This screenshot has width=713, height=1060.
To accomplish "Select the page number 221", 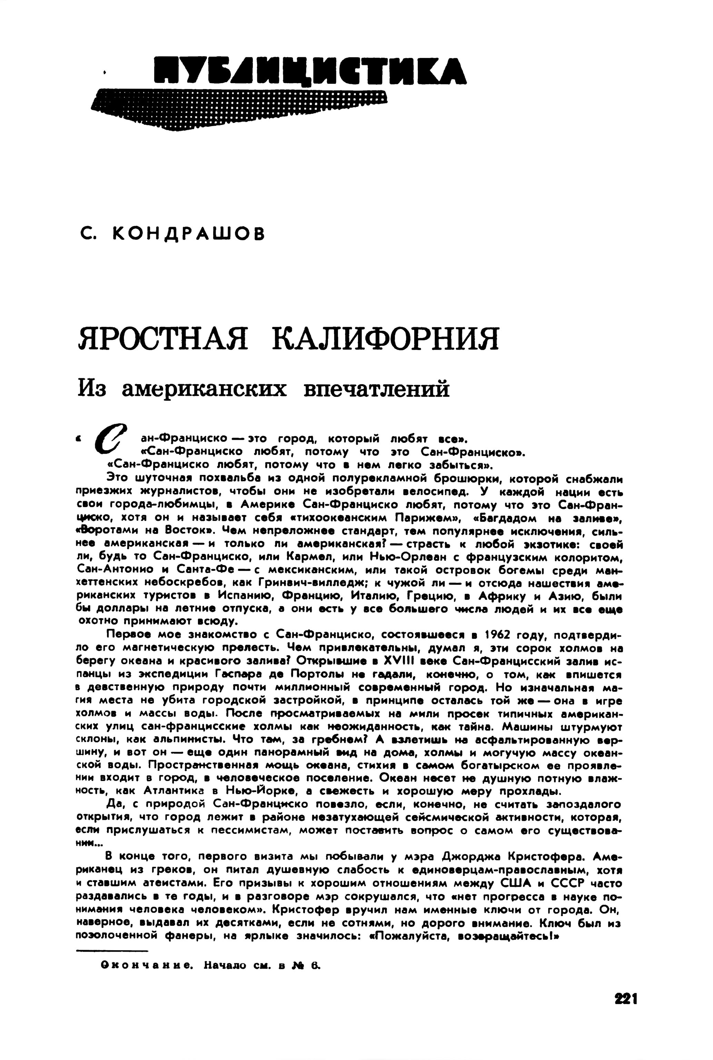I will click(626, 999).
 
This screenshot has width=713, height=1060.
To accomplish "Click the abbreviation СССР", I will click(561, 883).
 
